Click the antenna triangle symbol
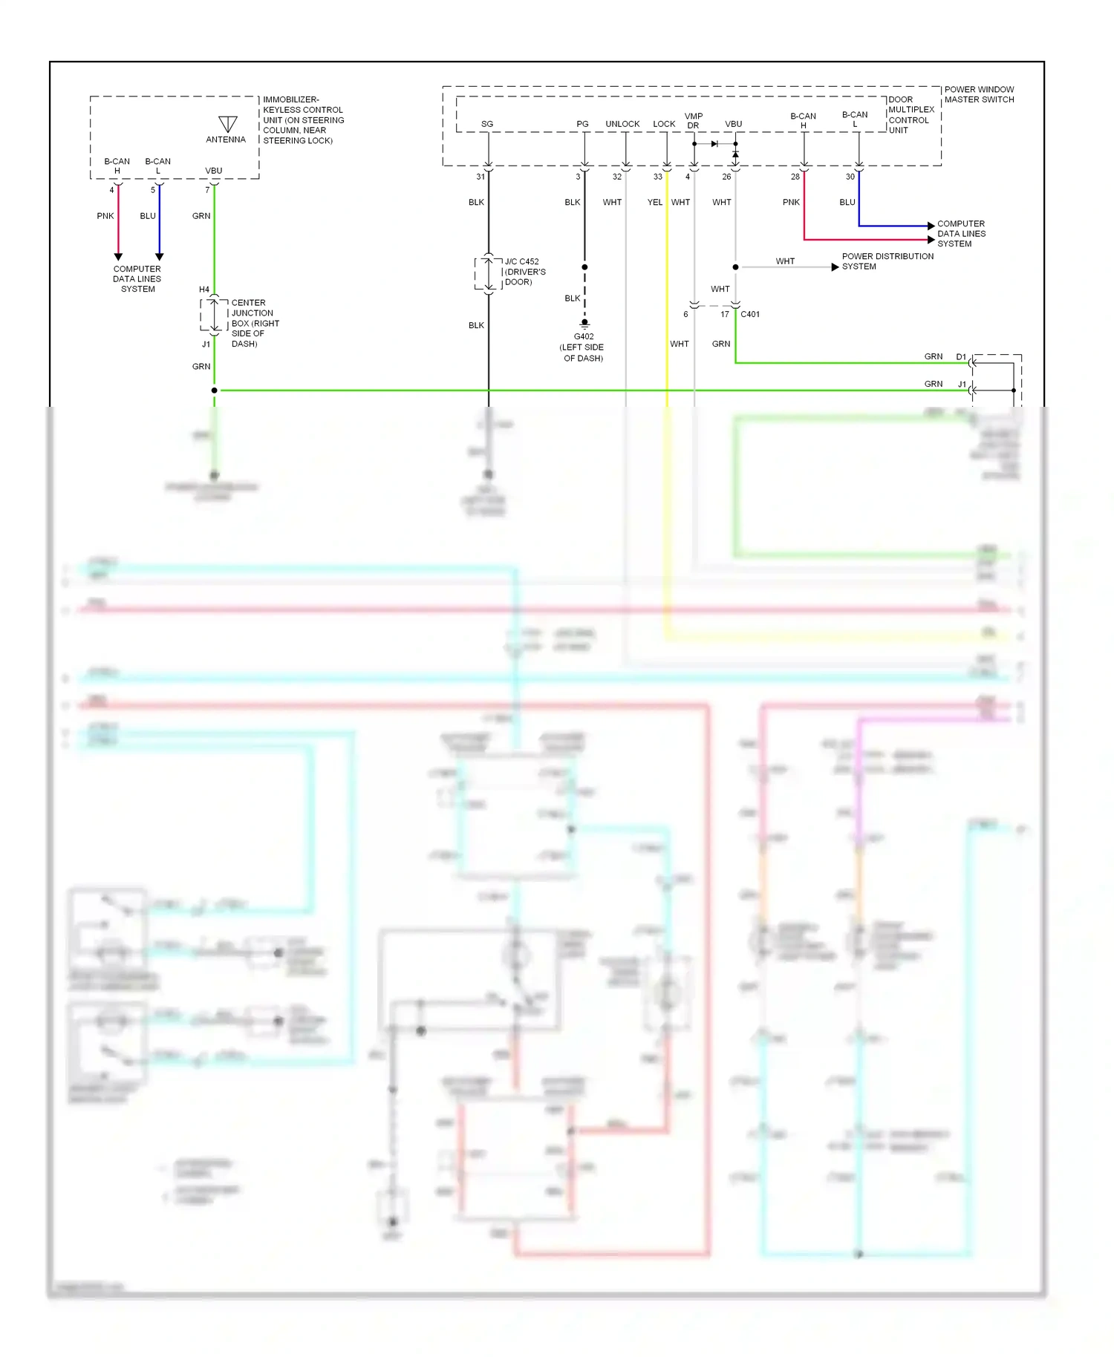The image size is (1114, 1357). (x=228, y=124)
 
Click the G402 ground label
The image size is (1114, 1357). (x=584, y=337)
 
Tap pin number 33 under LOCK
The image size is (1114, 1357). (x=657, y=177)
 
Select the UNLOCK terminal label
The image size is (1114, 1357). (x=622, y=124)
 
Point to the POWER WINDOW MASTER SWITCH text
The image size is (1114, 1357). (x=979, y=94)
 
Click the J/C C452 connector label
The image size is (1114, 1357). (x=522, y=262)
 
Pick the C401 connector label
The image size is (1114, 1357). (x=750, y=315)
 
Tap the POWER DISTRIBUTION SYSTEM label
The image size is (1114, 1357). (x=887, y=261)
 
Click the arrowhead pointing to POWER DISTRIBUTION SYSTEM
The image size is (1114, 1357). (x=835, y=267)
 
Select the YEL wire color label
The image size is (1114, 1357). (x=654, y=202)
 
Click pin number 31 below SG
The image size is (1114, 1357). (x=481, y=177)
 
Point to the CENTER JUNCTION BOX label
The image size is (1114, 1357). (x=255, y=323)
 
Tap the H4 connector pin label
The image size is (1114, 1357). (x=204, y=290)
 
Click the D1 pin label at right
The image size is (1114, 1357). (x=961, y=357)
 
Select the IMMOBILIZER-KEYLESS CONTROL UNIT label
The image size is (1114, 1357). (x=303, y=120)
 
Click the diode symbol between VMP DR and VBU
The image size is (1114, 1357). (x=714, y=144)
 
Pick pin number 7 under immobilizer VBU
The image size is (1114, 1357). (x=207, y=190)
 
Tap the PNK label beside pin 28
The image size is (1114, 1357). (x=791, y=202)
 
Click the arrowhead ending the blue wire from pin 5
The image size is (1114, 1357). (x=160, y=257)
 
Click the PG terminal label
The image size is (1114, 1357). (x=582, y=124)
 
